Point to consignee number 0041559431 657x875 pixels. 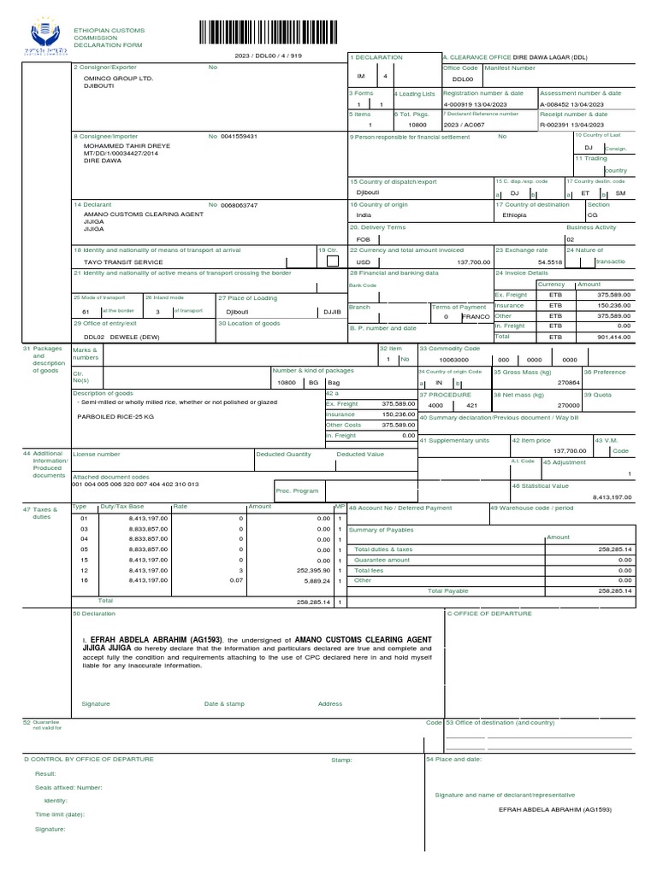[x=239, y=136]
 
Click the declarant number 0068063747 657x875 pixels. [x=239, y=205]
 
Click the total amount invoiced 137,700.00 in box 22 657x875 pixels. [x=474, y=261]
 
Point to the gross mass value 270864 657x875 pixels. [x=569, y=383]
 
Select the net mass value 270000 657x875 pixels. [x=569, y=406]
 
